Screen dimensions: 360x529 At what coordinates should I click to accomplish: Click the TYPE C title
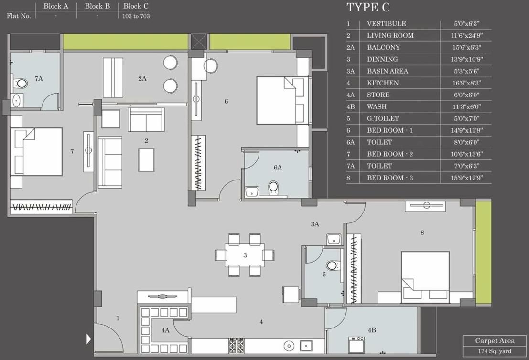coord(368,7)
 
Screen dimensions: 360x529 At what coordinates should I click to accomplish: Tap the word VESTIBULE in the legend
coord(386,23)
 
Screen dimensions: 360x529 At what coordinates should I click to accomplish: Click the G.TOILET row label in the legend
coord(383,118)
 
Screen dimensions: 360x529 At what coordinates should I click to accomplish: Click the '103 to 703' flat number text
coord(136,16)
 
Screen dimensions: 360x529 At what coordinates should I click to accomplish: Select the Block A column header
coord(56,6)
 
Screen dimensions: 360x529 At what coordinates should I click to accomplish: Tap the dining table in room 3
coord(245,255)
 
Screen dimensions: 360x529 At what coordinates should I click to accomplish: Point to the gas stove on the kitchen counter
coord(237,345)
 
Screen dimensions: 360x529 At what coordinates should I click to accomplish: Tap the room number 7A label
coord(39,78)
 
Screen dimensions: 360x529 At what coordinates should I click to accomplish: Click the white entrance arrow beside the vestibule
coord(88,339)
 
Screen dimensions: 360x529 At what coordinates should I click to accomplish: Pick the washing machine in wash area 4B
coord(356,344)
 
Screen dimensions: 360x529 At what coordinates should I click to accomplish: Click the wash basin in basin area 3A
coord(334,239)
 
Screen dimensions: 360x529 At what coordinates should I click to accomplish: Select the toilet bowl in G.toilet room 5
coord(333,265)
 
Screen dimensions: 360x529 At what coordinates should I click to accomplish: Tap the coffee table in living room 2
coord(146,159)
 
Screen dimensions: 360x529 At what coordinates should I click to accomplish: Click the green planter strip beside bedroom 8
coord(483,253)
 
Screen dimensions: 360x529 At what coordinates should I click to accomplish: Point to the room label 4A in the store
coord(165,330)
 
